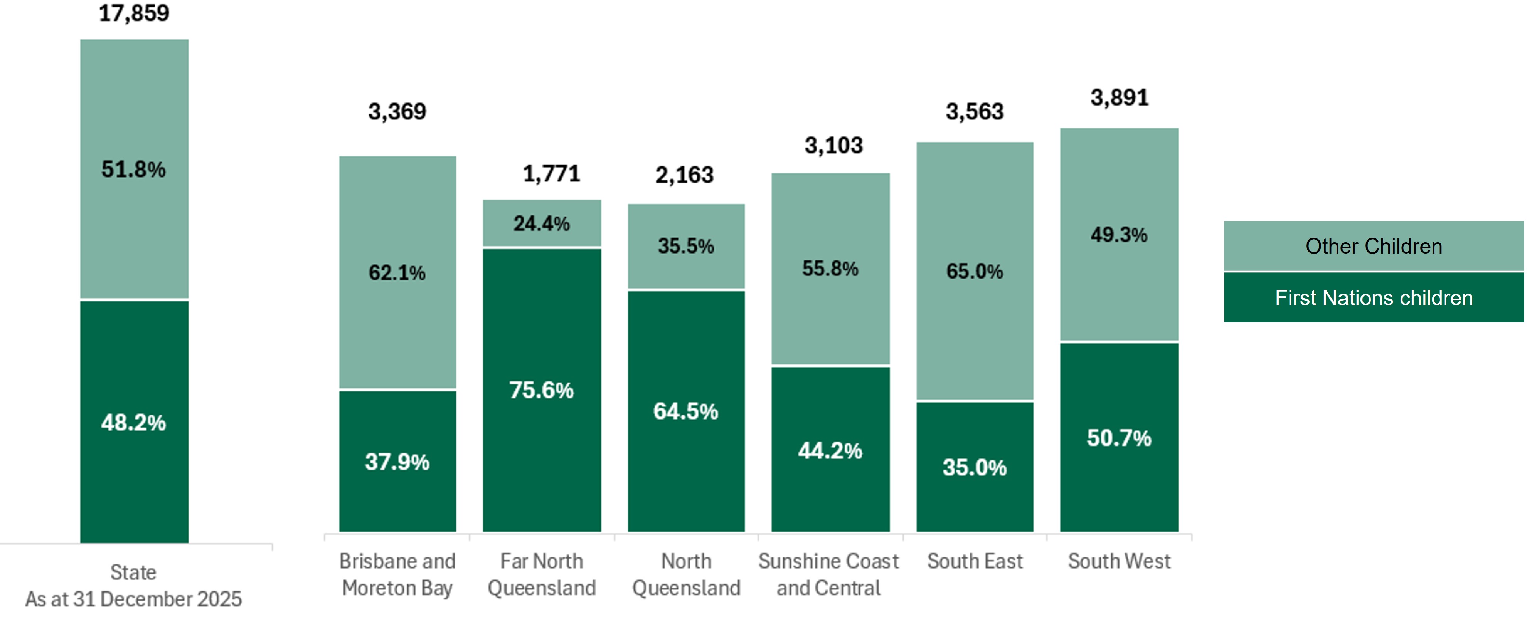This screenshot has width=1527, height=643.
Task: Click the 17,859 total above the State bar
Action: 134,13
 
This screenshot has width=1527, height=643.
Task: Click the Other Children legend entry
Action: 1374,246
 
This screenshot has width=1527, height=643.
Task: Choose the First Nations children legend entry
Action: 1374,297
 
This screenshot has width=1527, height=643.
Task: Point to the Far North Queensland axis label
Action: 541,574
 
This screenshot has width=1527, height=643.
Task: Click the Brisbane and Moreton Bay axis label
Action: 397,574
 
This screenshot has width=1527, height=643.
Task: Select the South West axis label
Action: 1119,561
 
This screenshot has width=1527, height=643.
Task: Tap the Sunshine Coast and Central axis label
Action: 829,574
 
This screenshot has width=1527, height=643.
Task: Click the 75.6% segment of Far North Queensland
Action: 541,390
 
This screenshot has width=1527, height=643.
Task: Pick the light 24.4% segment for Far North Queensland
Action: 541,223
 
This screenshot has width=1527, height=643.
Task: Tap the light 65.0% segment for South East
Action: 975,272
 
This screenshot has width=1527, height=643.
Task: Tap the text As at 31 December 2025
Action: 133,599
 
